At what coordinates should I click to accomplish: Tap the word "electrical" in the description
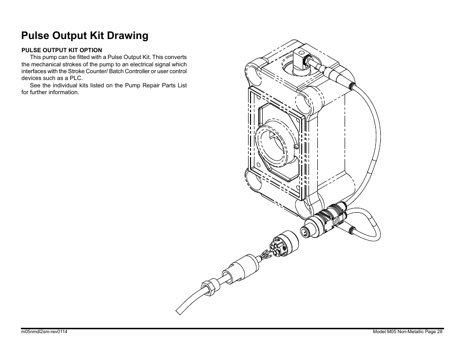coord(141,64)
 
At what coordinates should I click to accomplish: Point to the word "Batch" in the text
coord(116,71)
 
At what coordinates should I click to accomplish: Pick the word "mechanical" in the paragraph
coord(44,64)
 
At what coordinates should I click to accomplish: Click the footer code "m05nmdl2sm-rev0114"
coord(44,332)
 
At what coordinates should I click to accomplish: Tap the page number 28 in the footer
coord(440,332)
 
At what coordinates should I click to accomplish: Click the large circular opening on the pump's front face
coord(272,144)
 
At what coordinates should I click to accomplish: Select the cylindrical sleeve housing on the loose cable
coord(240,269)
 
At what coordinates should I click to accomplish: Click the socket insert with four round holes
coord(277,247)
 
